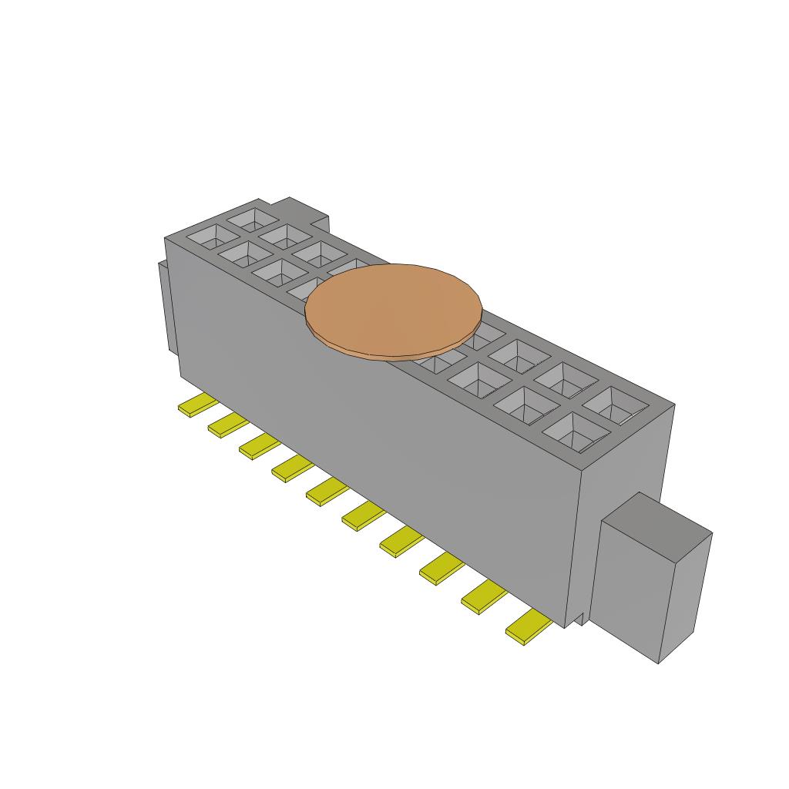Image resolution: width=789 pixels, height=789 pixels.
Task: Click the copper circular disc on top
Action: (x=394, y=311)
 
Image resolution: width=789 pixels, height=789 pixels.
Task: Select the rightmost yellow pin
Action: (x=529, y=627)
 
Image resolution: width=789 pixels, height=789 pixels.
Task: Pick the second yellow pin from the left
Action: (x=227, y=425)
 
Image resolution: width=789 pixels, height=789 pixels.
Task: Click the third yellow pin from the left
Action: (x=259, y=446)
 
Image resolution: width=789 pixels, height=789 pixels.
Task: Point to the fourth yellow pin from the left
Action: (x=291, y=468)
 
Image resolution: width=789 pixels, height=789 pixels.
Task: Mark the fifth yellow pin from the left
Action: (x=327, y=491)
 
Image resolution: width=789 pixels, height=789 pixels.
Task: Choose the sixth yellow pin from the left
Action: (x=363, y=515)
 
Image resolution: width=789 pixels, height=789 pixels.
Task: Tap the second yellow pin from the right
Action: (x=484, y=597)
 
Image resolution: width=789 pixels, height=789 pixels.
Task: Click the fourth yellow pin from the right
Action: (x=401, y=541)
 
